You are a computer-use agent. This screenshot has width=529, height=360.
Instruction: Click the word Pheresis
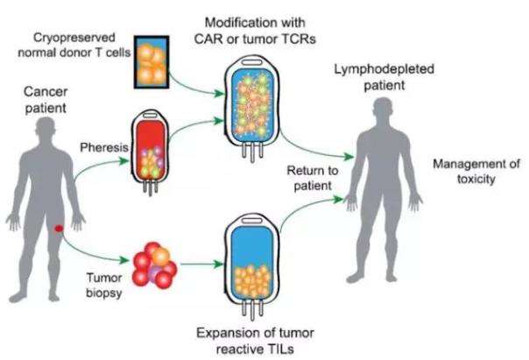(104, 147)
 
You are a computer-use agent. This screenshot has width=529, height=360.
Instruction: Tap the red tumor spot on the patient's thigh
(59, 229)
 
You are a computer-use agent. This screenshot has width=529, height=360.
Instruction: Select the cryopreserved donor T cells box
(152, 62)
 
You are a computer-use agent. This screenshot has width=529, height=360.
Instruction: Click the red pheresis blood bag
(150, 152)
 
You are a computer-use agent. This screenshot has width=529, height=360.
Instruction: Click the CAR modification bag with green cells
(252, 107)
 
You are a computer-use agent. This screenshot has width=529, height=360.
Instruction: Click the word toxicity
(476, 179)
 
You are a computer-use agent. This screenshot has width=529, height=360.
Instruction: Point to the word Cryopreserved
(74, 38)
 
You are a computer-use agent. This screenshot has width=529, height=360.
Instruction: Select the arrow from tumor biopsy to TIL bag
(201, 264)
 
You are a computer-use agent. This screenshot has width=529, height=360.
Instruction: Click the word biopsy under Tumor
(104, 293)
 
